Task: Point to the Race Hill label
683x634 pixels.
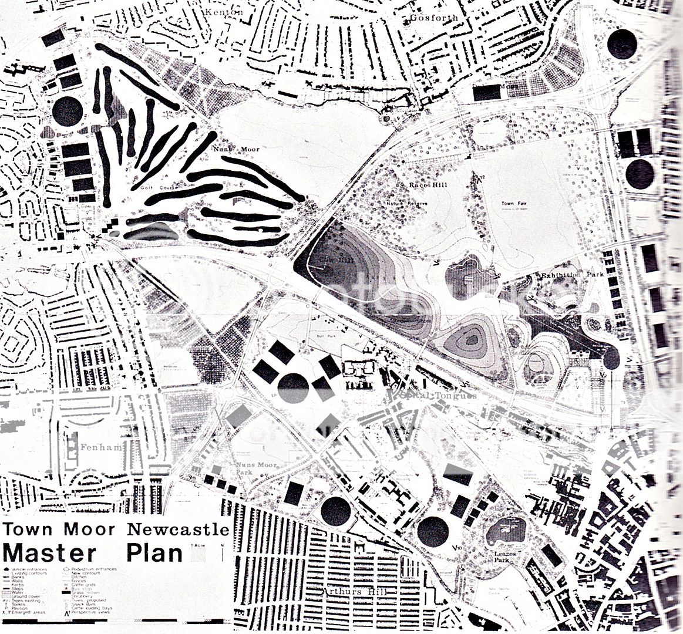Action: (428, 186)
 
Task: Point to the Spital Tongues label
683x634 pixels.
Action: (435, 396)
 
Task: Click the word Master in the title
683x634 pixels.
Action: (49, 552)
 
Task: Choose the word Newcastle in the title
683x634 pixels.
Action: (178, 529)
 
